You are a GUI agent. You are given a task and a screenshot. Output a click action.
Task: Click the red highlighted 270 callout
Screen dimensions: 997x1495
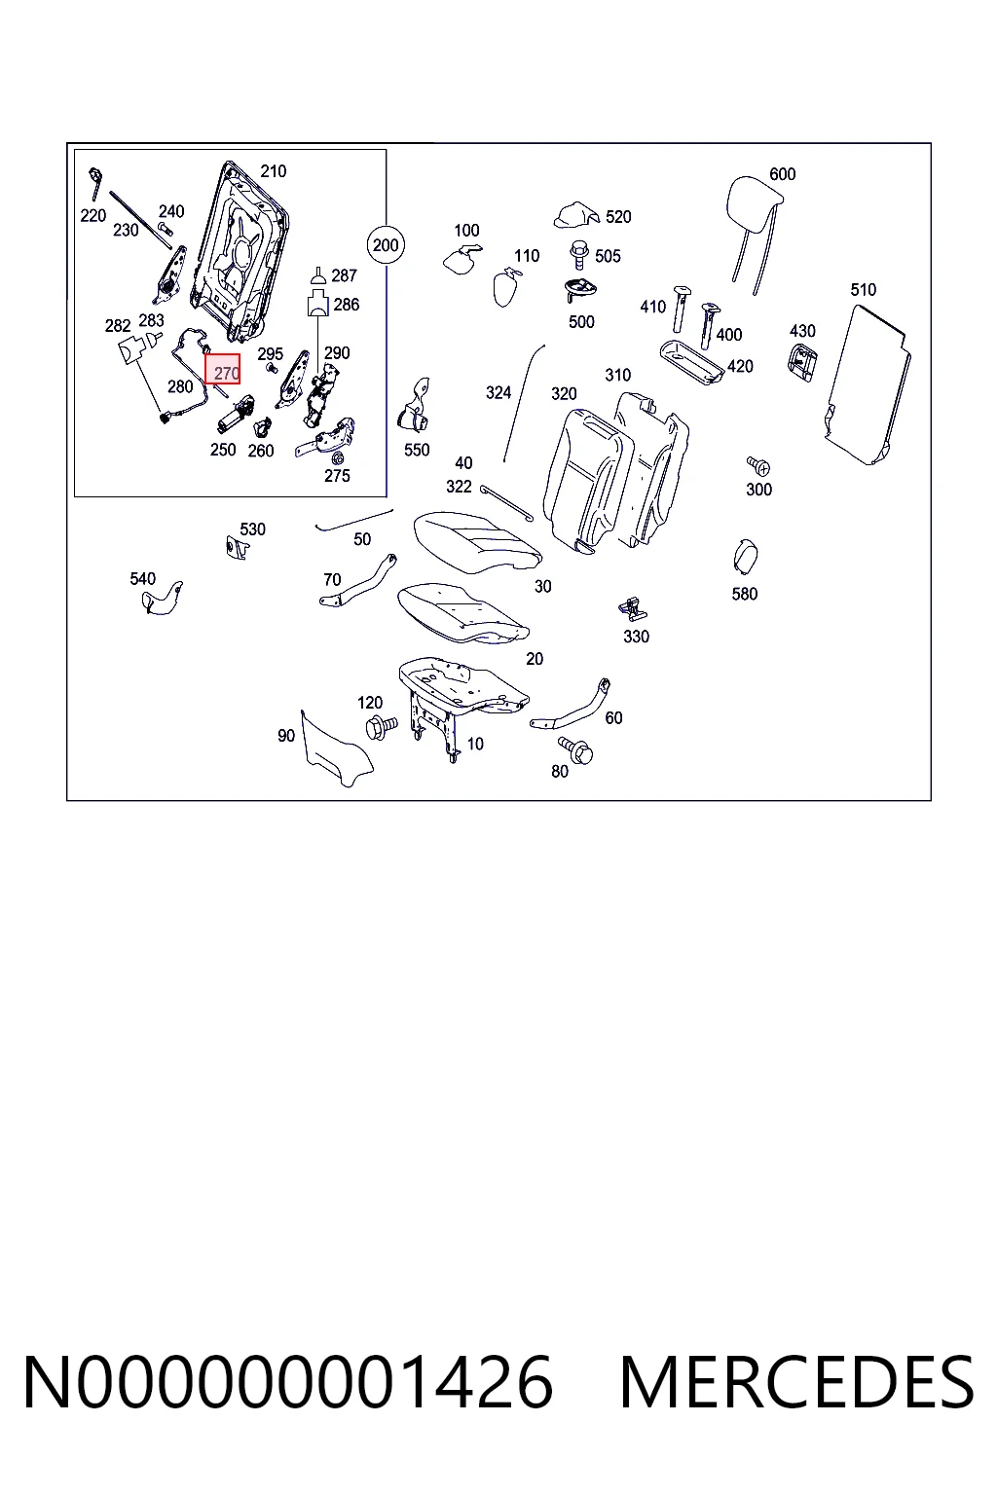pos(222,369)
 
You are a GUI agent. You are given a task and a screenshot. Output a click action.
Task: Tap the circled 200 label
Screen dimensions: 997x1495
pos(386,245)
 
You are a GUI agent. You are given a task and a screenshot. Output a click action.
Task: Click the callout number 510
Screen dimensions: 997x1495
pos(863,290)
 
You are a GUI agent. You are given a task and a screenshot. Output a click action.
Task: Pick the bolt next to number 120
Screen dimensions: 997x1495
pos(382,726)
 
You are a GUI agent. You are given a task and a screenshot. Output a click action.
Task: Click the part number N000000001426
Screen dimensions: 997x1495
pos(288,1382)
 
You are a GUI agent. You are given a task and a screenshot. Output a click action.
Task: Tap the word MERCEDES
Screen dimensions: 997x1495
pos(797,1382)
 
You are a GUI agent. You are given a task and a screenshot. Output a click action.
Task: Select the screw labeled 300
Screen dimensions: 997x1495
pos(758,466)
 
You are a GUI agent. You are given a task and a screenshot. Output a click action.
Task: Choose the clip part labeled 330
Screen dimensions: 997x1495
pos(633,608)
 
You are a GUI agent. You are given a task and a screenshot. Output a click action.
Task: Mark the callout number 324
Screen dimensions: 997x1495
pos(498,392)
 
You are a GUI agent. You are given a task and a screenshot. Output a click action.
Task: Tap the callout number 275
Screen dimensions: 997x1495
pos(337,476)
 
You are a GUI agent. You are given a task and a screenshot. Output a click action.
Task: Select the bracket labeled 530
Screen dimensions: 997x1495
pos(236,547)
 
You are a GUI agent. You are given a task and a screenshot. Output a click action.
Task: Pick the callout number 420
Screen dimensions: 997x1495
pos(740,366)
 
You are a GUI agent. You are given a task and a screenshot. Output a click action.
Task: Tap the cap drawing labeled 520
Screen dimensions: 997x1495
pos(576,215)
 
